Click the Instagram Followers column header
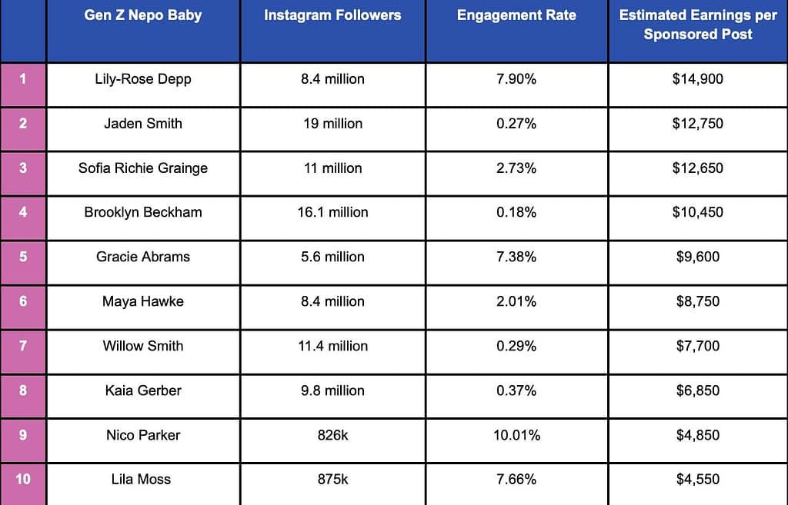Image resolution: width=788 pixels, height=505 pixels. click(x=332, y=15)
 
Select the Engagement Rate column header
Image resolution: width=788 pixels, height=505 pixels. click(x=516, y=15)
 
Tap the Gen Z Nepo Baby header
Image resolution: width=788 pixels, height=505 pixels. click(x=143, y=15)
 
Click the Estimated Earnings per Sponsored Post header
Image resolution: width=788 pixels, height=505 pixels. click(x=698, y=25)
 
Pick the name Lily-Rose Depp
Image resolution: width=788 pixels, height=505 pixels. click(x=143, y=78)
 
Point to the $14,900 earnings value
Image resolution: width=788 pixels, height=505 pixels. click(x=698, y=78)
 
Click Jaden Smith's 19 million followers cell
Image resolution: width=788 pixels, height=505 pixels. click(x=332, y=123)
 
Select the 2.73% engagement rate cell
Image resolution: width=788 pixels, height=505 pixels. click(x=516, y=168)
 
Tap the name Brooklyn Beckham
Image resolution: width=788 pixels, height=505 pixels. click(x=143, y=212)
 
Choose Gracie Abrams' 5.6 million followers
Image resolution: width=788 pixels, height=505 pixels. click(x=332, y=257)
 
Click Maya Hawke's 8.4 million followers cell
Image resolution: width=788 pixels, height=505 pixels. click(x=332, y=301)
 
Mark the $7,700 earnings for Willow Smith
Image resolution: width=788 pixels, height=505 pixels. click(x=698, y=346)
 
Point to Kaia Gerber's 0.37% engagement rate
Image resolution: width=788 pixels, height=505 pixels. click(x=516, y=390)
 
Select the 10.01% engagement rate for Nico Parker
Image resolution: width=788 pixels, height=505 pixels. click(x=516, y=435)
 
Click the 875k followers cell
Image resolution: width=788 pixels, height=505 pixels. click(x=332, y=479)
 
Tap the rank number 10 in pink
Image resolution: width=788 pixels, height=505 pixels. click(x=23, y=479)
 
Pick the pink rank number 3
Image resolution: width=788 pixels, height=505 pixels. click(x=23, y=168)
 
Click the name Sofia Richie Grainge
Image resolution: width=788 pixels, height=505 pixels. click(x=143, y=168)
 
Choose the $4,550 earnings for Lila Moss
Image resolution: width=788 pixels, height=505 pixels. click(x=698, y=479)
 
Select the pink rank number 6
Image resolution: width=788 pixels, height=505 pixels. click(x=23, y=301)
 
